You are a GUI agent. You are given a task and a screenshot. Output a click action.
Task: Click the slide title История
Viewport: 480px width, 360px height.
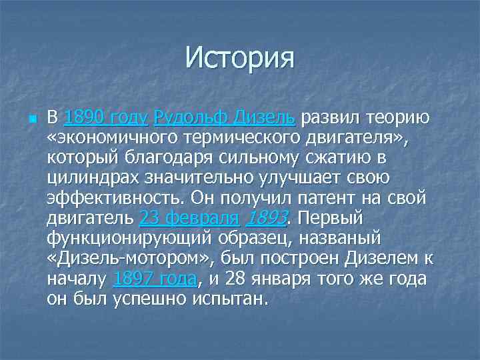(240, 57)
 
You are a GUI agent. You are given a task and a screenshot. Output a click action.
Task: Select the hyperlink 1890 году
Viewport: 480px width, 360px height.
(105, 119)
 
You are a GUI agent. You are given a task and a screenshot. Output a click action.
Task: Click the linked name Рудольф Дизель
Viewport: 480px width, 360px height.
(224, 119)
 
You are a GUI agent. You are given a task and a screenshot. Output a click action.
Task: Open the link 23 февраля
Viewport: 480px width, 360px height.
(189, 218)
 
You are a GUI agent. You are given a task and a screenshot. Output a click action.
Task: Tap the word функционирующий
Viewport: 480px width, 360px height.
(126, 238)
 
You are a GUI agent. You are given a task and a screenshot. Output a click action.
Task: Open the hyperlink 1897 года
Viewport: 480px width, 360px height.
(155, 278)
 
